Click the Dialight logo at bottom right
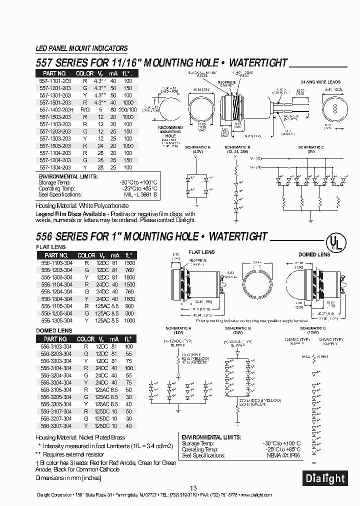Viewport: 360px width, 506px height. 325,478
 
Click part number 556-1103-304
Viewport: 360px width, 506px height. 56,263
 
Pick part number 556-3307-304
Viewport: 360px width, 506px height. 56,425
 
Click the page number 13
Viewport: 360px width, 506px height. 193,488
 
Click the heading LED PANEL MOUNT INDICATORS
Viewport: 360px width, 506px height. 81,48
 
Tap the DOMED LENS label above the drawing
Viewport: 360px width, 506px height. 314,254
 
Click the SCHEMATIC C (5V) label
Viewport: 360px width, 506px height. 311,150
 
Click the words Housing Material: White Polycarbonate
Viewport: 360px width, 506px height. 81,206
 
